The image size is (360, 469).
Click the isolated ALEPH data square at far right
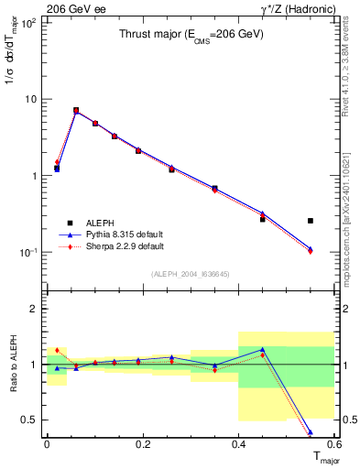point(311,221)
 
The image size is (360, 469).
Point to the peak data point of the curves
point(76,111)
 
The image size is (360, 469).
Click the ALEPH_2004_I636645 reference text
point(190,274)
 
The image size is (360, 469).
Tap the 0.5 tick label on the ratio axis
point(28,420)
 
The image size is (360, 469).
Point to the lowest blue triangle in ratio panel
point(311,431)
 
